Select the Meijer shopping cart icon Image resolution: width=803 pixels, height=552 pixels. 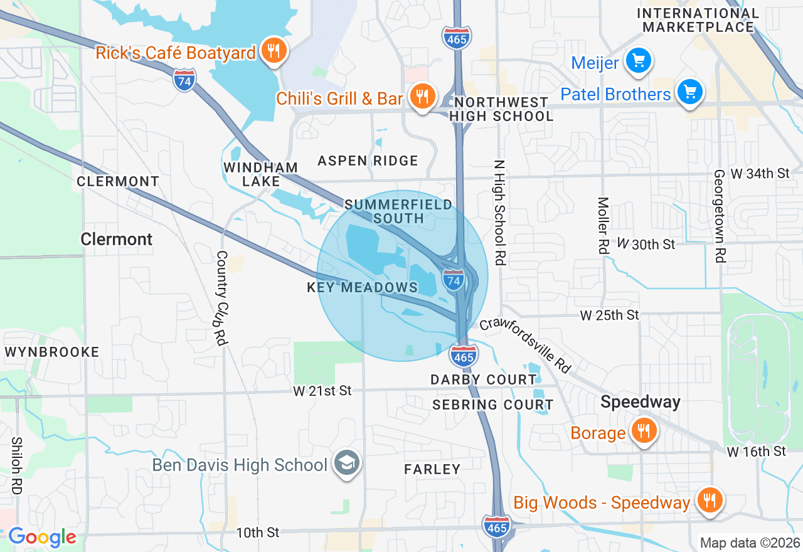tap(639, 61)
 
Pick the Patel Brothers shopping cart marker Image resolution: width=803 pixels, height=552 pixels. tap(690, 93)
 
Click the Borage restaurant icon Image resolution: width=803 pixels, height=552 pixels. tap(643, 431)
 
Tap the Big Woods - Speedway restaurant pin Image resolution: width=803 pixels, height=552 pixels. tap(710, 501)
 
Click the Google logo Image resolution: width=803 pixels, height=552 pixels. tap(42, 537)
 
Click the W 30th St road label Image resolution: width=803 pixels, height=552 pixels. tap(646, 244)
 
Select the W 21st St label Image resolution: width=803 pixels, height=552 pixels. tap(322, 391)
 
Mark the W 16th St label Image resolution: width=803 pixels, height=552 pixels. tap(757, 452)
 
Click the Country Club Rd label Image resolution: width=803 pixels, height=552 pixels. tap(220, 298)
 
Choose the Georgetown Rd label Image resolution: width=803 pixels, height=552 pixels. tap(720, 215)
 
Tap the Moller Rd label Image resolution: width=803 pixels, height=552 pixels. tap(603, 225)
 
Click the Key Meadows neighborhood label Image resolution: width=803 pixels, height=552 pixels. tap(362, 287)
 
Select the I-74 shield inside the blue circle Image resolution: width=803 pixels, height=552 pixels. tap(453, 279)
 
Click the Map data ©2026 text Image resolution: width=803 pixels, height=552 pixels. tap(750, 543)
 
